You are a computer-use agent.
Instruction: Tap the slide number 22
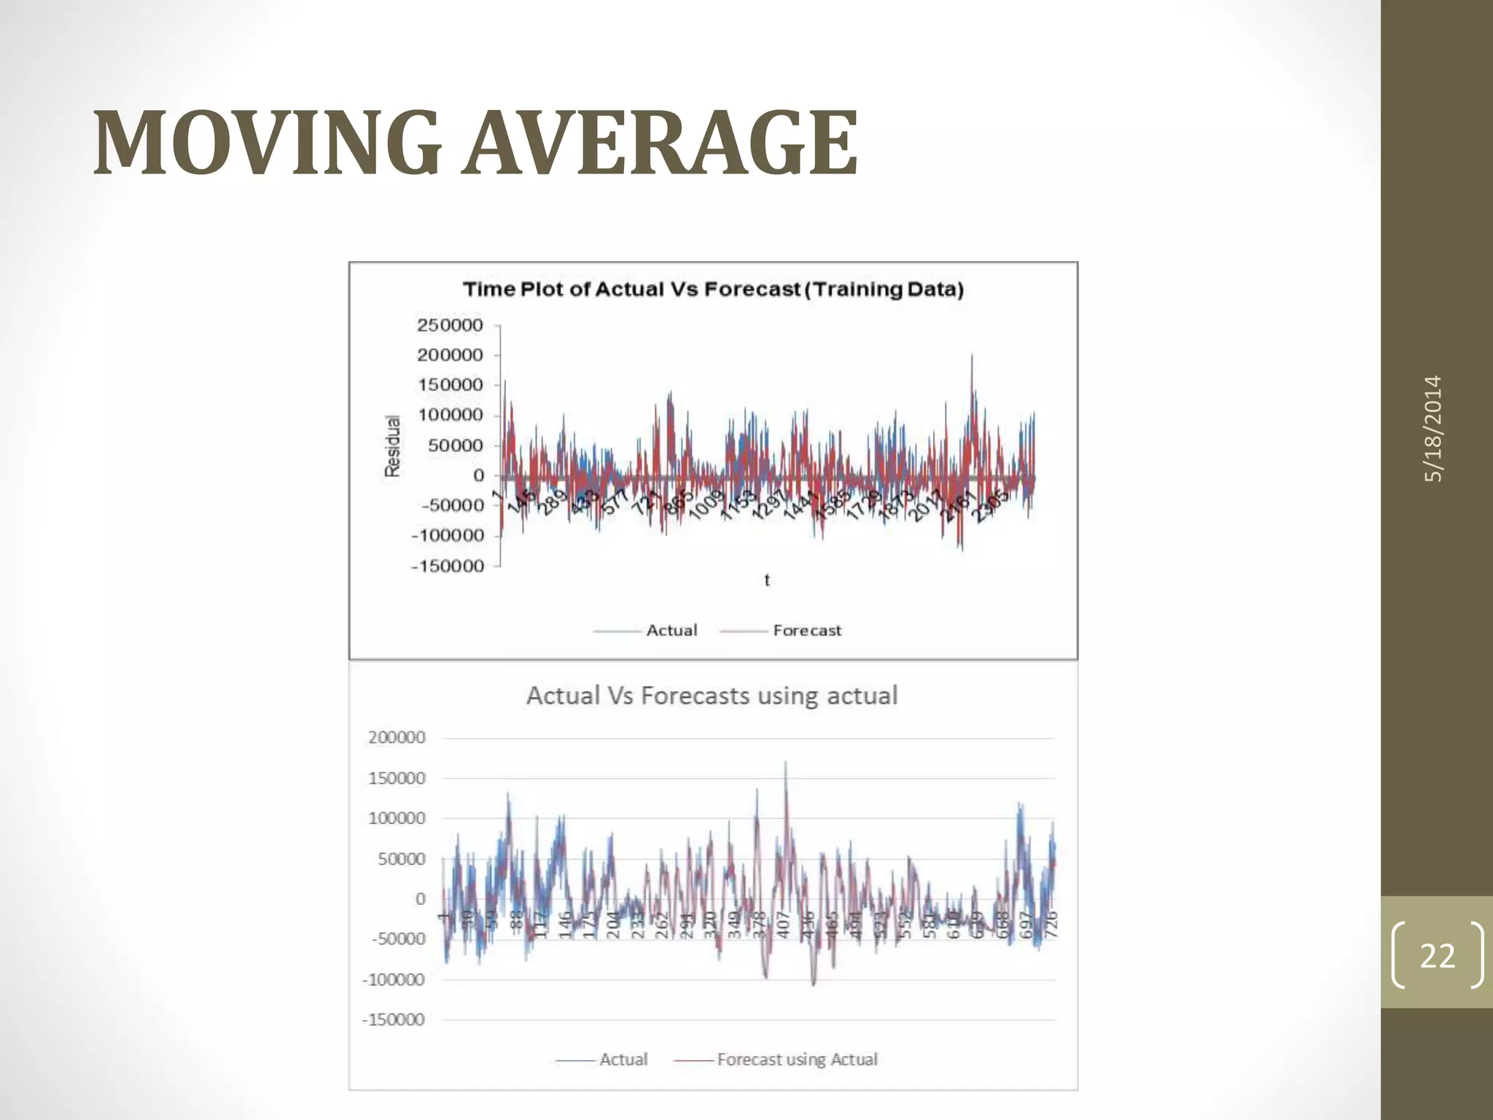click(x=1437, y=955)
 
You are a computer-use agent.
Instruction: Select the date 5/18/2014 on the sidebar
click(x=1433, y=429)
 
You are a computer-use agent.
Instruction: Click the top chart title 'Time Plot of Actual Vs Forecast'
click(x=713, y=289)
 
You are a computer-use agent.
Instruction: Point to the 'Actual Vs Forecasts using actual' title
click(x=712, y=696)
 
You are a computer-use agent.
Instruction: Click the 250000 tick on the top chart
click(x=450, y=325)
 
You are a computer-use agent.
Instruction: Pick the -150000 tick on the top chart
click(x=447, y=566)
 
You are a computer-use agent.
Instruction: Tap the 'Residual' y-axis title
click(x=393, y=446)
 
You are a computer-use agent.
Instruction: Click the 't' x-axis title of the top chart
click(x=766, y=580)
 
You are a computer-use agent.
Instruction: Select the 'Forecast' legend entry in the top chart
click(x=806, y=631)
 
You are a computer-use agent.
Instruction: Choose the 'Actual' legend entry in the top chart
click(x=671, y=631)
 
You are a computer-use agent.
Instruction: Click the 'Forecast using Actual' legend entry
click(x=796, y=1059)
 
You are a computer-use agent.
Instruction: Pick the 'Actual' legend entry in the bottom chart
click(x=623, y=1059)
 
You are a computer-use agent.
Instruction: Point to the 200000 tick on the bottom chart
click(x=397, y=738)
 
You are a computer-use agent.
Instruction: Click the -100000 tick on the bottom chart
click(x=394, y=980)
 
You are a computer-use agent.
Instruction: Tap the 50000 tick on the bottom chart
click(x=401, y=859)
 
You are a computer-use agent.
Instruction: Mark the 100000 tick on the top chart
click(x=450, y=416)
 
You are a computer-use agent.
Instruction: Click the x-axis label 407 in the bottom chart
click(x=784, y=924)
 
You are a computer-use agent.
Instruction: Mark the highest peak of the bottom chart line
click(x=785, y=763)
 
